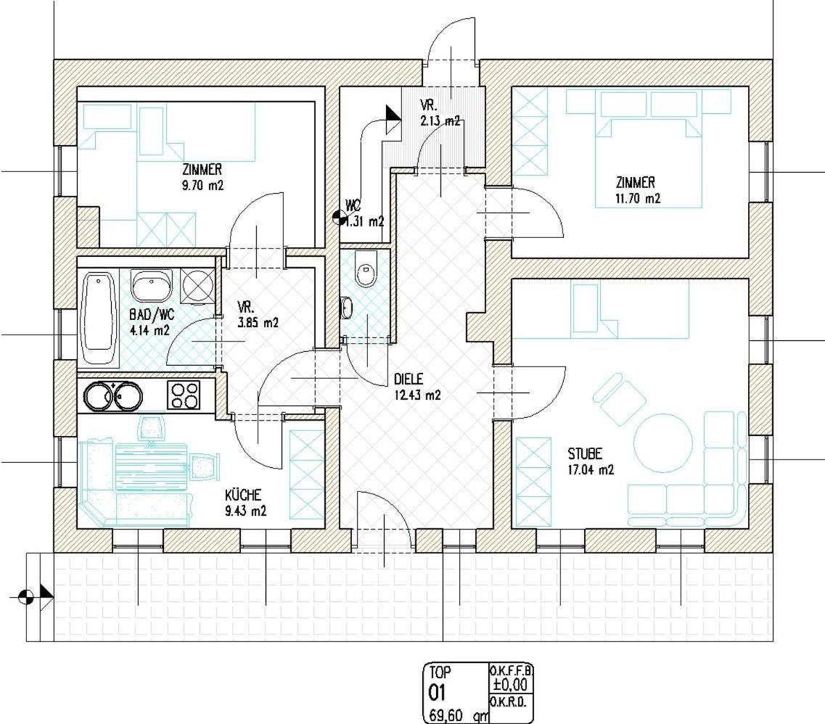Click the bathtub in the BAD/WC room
[99, 318]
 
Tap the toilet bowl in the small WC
[366, 270]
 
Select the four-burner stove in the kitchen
[184, 395]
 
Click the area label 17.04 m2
[591, 470]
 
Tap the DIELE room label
[409, 379]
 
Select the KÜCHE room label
[243, 495]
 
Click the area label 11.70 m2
[638, 198]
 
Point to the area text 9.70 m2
[202, 185]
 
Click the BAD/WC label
[152, 315]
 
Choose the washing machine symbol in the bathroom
[197, 286]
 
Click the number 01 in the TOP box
[438, 694]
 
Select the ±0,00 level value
[510, 685]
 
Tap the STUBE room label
[585, 453]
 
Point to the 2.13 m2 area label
[440, 120]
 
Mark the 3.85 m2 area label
[258, 322]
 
